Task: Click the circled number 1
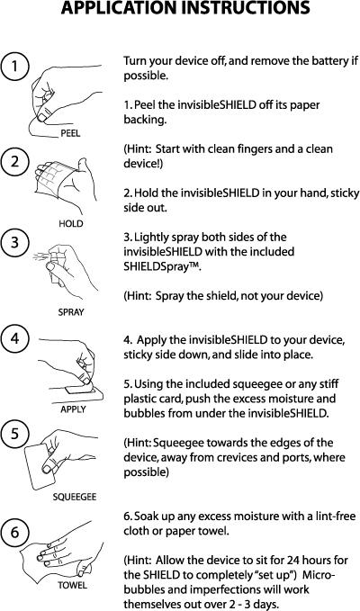pos(14,67)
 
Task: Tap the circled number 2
pos(14,161)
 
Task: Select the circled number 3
pos(14,242)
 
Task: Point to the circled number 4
pos(14,338)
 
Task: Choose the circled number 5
pos(14,434)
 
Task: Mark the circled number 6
pos(14,532)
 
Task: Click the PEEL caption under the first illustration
pos(70,133)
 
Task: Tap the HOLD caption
pos(71,224)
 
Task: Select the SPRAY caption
pos(71,312)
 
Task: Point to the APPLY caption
pos(73,409)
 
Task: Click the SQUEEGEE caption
pos(75,497)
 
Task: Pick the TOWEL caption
pos(73,585)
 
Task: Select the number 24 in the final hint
pos(293,561)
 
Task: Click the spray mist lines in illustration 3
pos(40,256)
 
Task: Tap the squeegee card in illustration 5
pos(40,466)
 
